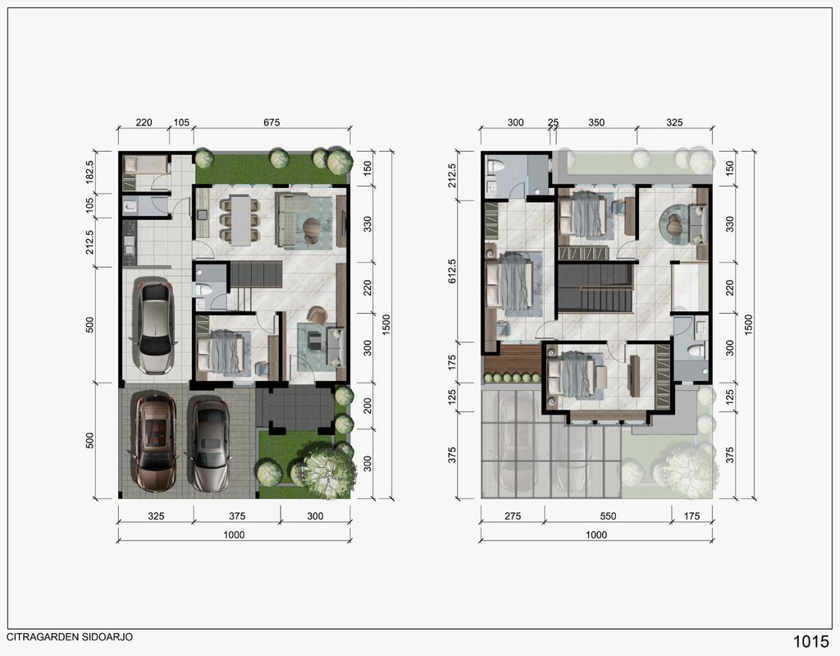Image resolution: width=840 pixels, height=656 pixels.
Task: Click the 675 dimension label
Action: click(x=272, y=122)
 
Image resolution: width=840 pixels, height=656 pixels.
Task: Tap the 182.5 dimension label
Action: click(x=89, y=172)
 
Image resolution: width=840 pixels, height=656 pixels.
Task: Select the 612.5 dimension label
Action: click(x=452, y=271)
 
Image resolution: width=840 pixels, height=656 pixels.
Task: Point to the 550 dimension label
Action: click(x=608, y=516)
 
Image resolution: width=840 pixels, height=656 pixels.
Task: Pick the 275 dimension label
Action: click(x=513, y=516)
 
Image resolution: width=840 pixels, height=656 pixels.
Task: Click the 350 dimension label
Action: click(x=596, y=122)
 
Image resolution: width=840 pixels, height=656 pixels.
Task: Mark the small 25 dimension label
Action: click(x=553, y=122)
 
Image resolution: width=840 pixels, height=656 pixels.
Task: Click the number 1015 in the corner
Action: click(x=810, y=641)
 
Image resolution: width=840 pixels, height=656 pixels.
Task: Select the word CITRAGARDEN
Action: click(x=43, y=637)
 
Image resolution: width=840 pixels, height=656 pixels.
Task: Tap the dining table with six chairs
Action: click(x=240, y=220)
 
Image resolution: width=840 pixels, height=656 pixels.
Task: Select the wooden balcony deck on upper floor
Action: click(x=514, y=360)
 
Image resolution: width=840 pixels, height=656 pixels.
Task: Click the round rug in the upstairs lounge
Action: click(x=676, y=226)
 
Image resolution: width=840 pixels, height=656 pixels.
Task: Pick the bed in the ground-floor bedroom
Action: click(x=224, y=352)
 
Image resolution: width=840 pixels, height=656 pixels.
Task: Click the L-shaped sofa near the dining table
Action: click(x=293, y=220)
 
